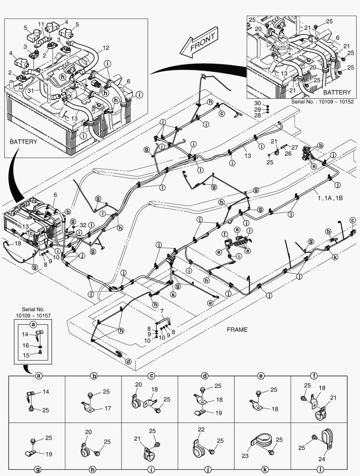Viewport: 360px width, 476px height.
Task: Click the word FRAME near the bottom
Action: coord(237,329)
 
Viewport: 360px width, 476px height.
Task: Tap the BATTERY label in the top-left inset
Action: coord(23,142)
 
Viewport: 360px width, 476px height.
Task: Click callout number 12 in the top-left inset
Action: coord(105,47)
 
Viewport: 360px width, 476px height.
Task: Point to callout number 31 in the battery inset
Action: coord(30,91)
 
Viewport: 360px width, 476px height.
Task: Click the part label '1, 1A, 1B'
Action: coord(330,198)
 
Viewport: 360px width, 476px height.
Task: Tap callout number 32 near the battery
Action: coord(83,225)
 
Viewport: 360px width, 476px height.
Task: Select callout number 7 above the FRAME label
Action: coord(162,312)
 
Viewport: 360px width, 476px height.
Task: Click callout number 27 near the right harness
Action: coord(295,148)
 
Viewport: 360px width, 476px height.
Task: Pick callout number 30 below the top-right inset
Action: coord(257,104)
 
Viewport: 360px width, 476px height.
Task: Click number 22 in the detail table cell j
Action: coord(201,429)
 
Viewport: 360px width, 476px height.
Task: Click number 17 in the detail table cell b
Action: coord(107,408)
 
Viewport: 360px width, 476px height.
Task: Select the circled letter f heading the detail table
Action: coord(314,376)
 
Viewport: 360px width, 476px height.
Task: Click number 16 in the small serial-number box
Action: coord(26,346)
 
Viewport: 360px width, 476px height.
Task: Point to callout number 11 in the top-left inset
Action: coord(41,24)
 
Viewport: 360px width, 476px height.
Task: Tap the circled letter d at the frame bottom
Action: coord(128,361)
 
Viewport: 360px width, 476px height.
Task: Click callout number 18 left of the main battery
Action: coord(18,243)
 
